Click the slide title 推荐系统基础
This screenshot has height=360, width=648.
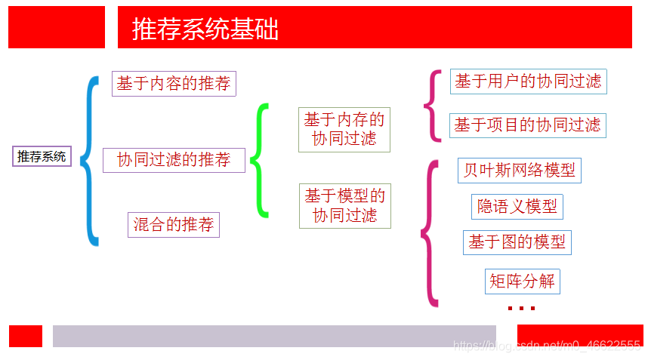(x=205, y=29)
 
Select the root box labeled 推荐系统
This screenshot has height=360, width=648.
(x=42, y=156)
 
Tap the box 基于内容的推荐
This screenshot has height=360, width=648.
(x=174, y=83)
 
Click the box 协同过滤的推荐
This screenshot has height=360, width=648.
(x=174, y=160)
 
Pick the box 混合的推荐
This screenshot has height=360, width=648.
(x=174, y=224)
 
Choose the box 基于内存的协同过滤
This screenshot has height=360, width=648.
(x=344, y=129)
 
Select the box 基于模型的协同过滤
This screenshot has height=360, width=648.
(x=344, y=206)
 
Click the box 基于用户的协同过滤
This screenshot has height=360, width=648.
(x=528, y=82)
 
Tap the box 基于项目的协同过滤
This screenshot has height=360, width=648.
(x=528, y=125)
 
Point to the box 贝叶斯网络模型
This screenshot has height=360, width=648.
(x=520, y=170)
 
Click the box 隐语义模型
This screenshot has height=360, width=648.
(x=517, y=206)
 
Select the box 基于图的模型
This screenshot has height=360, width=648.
(x=517, y=242)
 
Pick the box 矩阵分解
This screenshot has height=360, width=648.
(x=522, y=282)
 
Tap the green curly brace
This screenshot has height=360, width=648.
(x=259, y=160)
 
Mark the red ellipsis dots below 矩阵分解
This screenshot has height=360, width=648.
(x=521, y=308)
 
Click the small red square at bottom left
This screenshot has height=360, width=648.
(x=26, y=336)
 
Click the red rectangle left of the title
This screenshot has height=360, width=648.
(x=57, y=27)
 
